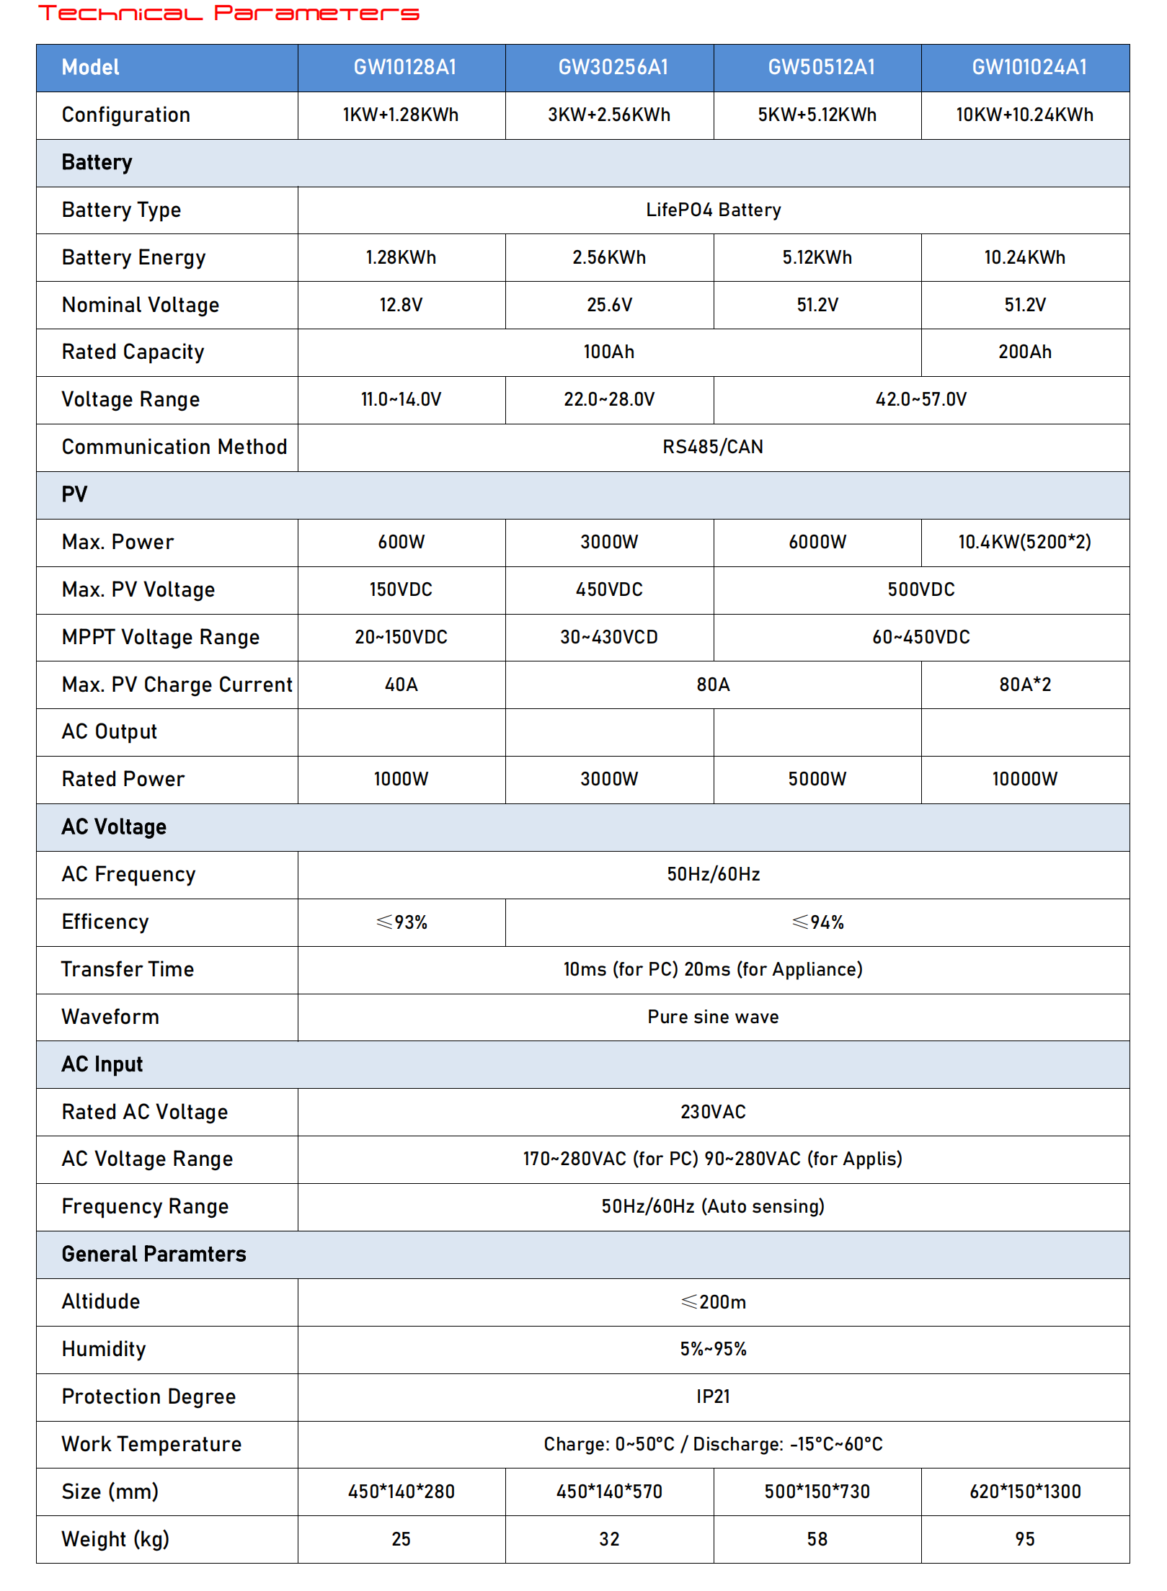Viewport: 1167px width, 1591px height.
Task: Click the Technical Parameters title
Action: (x=228, y=14)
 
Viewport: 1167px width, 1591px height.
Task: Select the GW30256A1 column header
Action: (x=613, y=68)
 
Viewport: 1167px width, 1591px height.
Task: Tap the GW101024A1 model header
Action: (x=1029, y=68)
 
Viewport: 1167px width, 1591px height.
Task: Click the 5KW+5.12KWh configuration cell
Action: (x=817, y=115)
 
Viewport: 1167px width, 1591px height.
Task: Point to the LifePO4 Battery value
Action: (x=713, y=210)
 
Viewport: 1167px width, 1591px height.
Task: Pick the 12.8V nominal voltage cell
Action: (x=401, y=305)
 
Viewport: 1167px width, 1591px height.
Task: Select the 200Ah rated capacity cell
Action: (x=1024, y=352)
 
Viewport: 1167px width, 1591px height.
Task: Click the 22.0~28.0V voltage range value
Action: (x=609, y=400)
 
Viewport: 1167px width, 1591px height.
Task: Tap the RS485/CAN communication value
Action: (x=713, y=447)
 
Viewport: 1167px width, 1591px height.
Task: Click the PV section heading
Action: (x=74, y=495)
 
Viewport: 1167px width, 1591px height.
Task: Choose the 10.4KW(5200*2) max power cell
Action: (x=1024, y=543)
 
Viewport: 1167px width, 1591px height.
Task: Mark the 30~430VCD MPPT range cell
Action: (x=609, y=638)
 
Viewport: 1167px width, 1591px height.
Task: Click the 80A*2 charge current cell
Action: (x=1024, y=685)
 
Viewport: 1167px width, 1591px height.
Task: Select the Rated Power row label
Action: (x=123, y=780)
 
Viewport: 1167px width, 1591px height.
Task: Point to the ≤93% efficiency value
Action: (x=401, y=922)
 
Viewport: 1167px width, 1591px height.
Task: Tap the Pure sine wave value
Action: (x=713, y=1017)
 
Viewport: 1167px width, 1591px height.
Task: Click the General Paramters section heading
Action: (x=154, y=1254)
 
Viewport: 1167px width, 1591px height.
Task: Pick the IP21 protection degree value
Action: (x=713, y=1397)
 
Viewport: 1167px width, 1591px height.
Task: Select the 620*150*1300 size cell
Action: (x=1024, y=1492)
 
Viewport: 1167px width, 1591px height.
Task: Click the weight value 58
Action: (x=817, y=1540)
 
